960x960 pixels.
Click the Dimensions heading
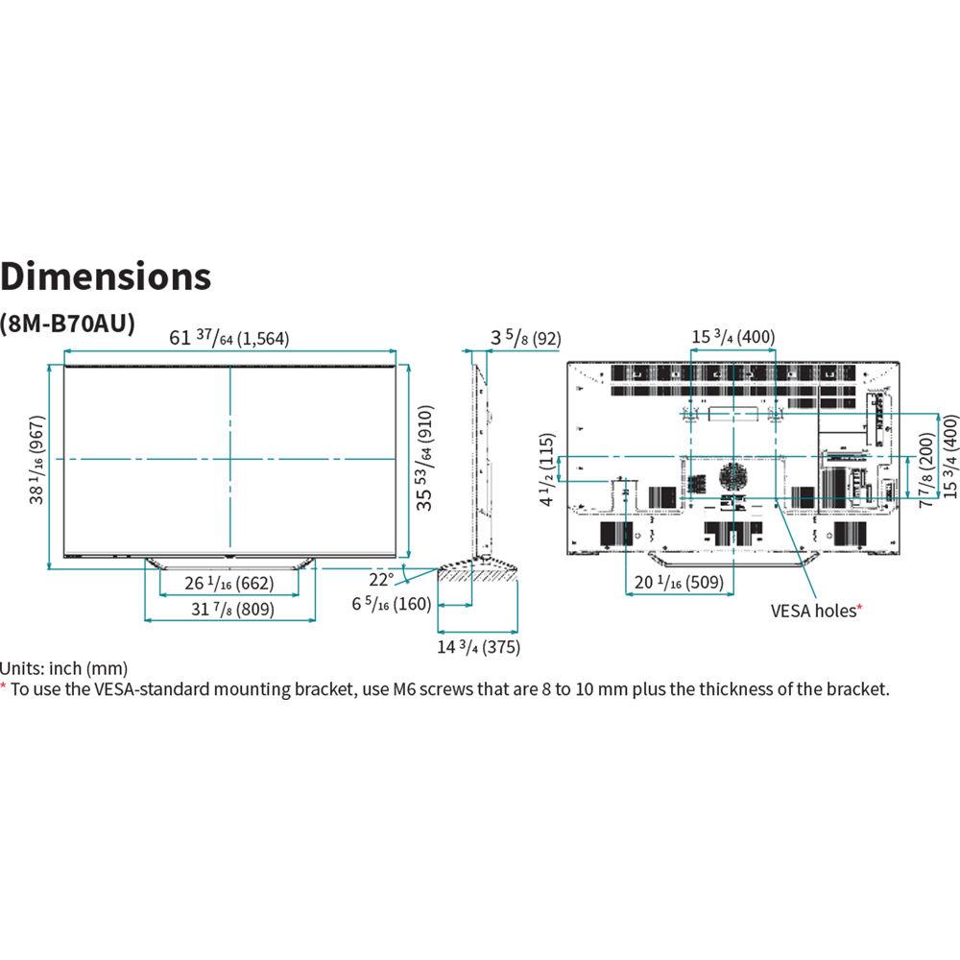point(106,276)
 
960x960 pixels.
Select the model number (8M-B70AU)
point(67,323)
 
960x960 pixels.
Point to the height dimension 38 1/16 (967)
point(38,466)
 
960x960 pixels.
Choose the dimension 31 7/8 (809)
point(230,609)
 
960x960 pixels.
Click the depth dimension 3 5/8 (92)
point(525,337)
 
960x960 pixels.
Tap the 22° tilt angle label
point(382,579)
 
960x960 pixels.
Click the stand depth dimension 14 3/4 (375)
point(478,647)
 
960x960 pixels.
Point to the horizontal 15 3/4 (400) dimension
point(732,337)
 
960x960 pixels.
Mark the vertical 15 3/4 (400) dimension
point(950,456)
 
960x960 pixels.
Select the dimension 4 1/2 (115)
point(546,469)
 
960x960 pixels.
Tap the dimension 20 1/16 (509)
point(674,584)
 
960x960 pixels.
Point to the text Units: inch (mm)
point(64,668)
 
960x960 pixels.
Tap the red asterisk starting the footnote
point(3,686)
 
